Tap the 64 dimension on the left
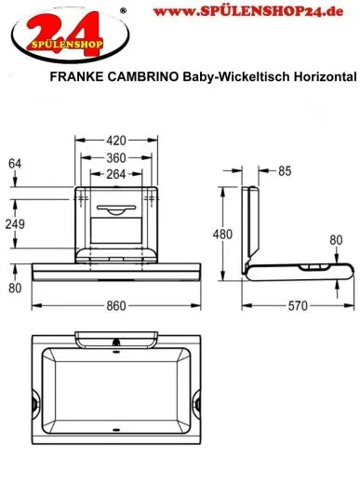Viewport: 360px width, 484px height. click(14, 166)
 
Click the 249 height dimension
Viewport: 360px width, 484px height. click(15, 224)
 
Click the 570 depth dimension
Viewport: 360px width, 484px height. click(298, 304)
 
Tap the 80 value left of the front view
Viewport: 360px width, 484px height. click(14, 287)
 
